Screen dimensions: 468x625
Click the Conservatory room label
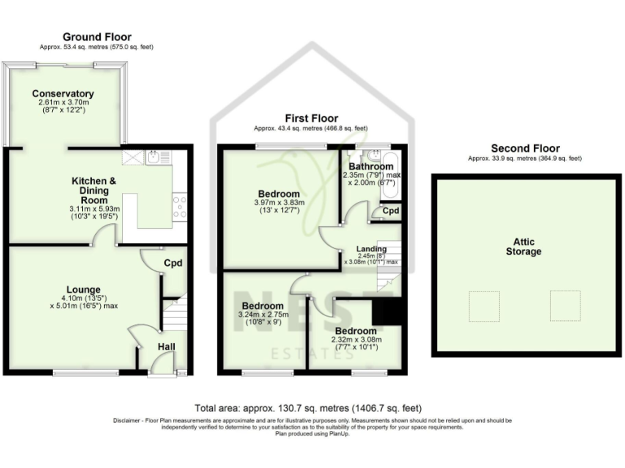[x=63, y=93]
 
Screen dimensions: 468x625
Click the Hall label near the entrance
[x=166, y=347]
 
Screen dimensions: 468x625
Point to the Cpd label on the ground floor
[x=173, y=263]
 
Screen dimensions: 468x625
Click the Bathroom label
[x=371, y=167]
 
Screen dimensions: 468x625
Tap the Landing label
[x=370, y=249]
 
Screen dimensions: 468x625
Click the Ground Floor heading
[x=97, y=37]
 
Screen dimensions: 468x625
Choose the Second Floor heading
[x=525, y=149]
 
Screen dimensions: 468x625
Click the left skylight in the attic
[x=484, y=305]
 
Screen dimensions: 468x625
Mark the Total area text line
[x=308, y=407]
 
